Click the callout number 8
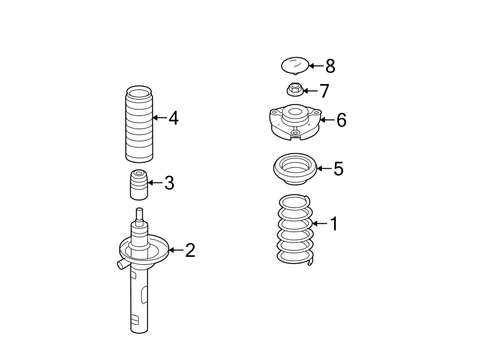(x=330, y=66)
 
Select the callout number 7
(x=324, y=91)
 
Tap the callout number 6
(x=341, y=120)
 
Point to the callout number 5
(x=338, y=169)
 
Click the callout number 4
(x=173, y=118)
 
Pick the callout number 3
(x=169, y=183)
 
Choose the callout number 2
(x=189, y=251)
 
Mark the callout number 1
(x=334, y=223)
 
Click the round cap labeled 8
(x=295, y=66)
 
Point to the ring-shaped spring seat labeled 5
(x=295, y=169)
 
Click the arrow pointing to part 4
(x=160, y=118)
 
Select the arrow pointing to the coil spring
(x=320, y=223)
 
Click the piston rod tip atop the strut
(x=139, y=213)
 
